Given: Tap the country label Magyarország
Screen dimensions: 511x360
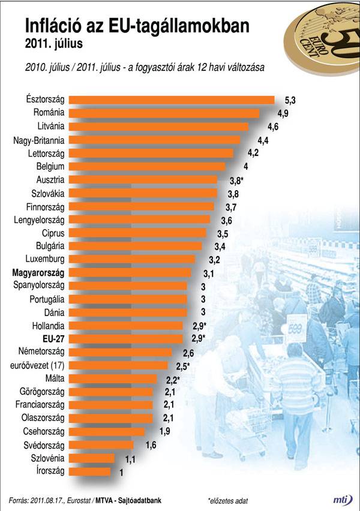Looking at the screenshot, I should click(38, 272).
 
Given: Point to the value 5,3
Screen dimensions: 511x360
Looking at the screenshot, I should click(290, 100).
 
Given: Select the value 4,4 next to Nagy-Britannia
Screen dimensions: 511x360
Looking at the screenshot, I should click(263, 140).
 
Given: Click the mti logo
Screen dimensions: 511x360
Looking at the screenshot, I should click(342, 499).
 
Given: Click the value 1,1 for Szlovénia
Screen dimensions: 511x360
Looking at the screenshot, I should click(130, 458).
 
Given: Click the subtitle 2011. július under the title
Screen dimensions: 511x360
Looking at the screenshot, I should click(53, 44).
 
